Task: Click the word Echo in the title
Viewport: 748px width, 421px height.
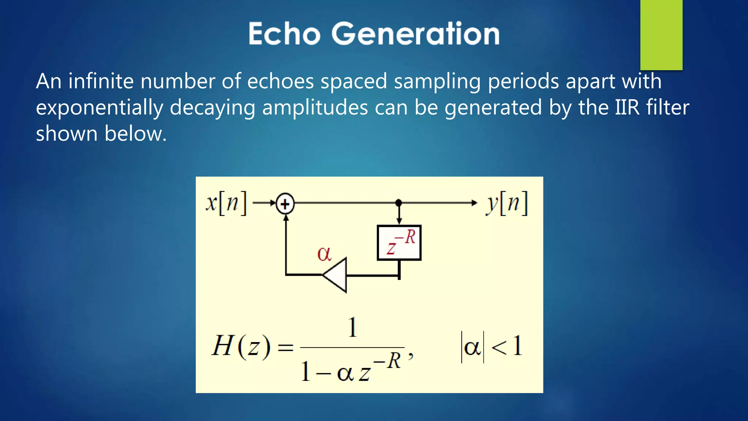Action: pos(285,34)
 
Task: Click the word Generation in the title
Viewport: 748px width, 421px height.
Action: pos(415,34)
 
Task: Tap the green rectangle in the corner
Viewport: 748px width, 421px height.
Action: pos(661,35)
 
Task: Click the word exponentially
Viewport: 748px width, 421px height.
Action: pos(99,108)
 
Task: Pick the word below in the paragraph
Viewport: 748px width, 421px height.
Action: pos(136,134)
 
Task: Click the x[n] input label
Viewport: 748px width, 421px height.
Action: pos(226,203)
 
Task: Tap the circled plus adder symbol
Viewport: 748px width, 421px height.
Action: pos(285,204)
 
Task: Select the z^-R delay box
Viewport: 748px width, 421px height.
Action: pos(399,243)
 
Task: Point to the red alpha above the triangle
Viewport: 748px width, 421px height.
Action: pos(324,254)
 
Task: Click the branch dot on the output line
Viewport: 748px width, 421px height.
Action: pos(399,202)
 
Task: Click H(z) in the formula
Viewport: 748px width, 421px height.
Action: pos(241,346)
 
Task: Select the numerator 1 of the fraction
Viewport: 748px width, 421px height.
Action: pos(352,327)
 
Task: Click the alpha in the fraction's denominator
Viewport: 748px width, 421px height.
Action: pos(345,373)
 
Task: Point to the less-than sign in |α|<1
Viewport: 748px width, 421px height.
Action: pos(499,347)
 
